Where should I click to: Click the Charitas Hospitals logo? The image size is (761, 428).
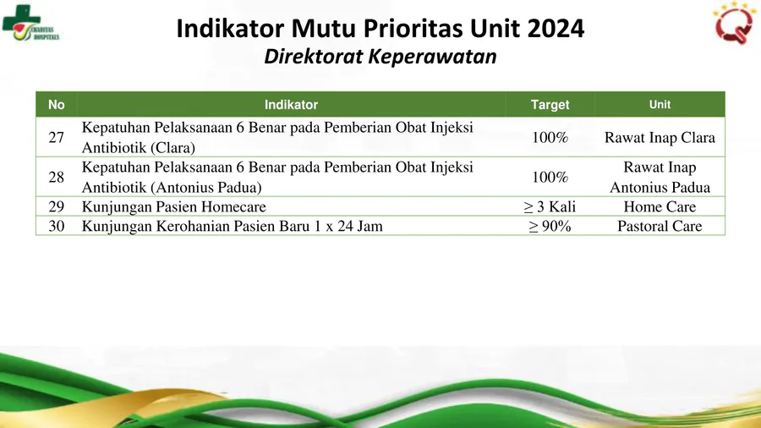tap(30, 23)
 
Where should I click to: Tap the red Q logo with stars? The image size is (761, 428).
tap(734, 23)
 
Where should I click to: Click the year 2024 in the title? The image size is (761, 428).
tap(556, 28)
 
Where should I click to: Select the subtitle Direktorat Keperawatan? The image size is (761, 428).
tap(380, 57)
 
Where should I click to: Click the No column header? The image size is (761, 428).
tap(57, 105)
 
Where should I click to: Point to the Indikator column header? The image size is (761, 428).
tap(291, 105)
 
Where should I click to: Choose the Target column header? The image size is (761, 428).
tap(550, 105)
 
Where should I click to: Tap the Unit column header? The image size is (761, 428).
tap(660, 104)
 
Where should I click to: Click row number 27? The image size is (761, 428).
tap(57, 137)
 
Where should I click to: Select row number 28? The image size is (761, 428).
tap(57, 177)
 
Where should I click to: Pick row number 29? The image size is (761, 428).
tap(57, 206)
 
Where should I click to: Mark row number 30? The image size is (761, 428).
tap(57, 226)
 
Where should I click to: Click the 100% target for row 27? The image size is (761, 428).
tap(550, 137)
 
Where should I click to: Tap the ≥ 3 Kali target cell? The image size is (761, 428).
tap(550, 206)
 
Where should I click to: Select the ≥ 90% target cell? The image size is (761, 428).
tap(550, 226)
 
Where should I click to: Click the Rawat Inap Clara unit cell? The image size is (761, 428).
tap(660, 137)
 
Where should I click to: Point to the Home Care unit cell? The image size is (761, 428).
tap(660, 206)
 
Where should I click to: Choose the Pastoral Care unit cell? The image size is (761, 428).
tap(660, 226)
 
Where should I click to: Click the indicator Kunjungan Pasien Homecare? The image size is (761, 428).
tap(173, 207)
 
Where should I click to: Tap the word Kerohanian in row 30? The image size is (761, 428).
tap(192, 226)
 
